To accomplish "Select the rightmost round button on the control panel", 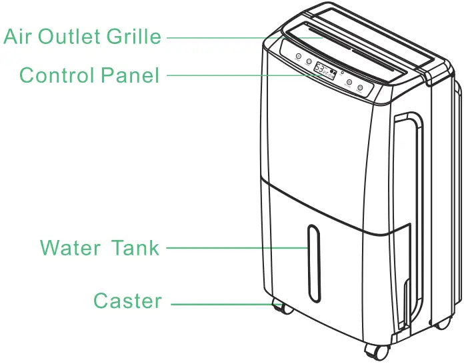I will [361, 87].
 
